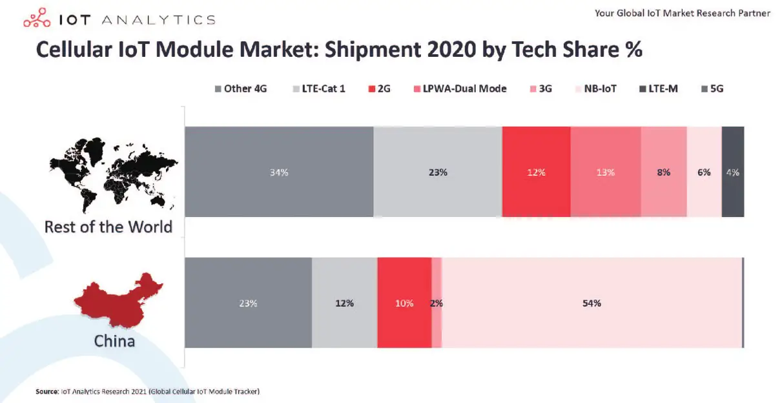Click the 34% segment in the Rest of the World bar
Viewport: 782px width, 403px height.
tap(279, 172)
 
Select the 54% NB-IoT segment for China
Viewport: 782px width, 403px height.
tap(592, 303)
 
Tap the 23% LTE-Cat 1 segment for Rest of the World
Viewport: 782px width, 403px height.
tap(437, 172)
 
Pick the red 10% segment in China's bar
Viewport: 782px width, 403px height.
tap(404, 303)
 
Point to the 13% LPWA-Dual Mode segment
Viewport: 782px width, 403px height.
tap(605, 172)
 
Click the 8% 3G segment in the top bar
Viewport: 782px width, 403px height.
tap(663, 172)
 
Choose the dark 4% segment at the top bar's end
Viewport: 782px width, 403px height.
tap(732, 172)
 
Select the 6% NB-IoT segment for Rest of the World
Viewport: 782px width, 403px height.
tap(704, 172)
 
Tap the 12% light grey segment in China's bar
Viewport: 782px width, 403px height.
tap(344, 303)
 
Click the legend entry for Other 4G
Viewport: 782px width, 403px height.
tap(241, 88)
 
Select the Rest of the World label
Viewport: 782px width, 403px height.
tap(108, 227)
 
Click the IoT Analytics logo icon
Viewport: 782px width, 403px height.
tap(37, 19)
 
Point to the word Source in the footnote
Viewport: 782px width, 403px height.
tap(47, 391)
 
